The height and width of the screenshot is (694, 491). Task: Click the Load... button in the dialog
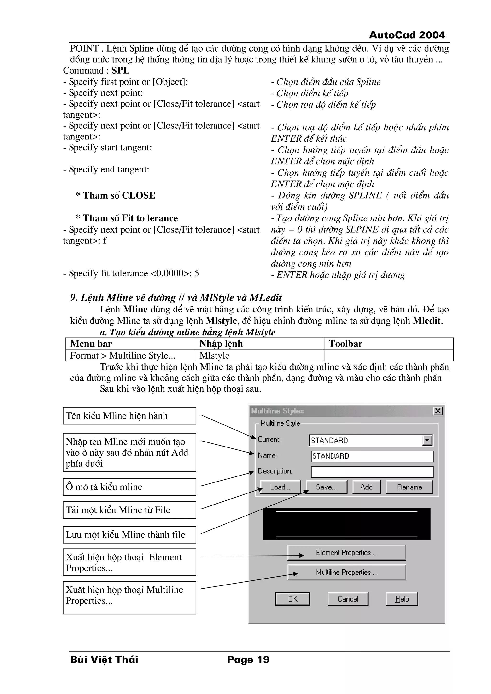point(280,487)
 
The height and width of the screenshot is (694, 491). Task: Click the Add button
point(366,487)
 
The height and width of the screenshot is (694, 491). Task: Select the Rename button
point(409,487)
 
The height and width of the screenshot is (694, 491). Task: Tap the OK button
point(292,599)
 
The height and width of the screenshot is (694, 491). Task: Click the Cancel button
point(348,599)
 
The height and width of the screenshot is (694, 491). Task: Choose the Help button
point(402,599)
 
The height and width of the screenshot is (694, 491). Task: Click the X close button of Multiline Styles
point(438,411)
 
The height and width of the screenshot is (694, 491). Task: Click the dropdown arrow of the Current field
point(427,440)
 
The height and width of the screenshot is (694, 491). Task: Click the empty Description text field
point(372,471)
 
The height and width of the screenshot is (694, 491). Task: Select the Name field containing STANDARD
point(372,456)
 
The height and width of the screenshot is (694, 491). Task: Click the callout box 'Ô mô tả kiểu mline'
point(129,487)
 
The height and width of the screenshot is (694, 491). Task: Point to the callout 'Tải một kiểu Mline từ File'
point(129,510)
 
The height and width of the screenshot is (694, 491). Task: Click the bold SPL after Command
point(120,70)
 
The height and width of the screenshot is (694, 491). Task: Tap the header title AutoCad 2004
point(407,35)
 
